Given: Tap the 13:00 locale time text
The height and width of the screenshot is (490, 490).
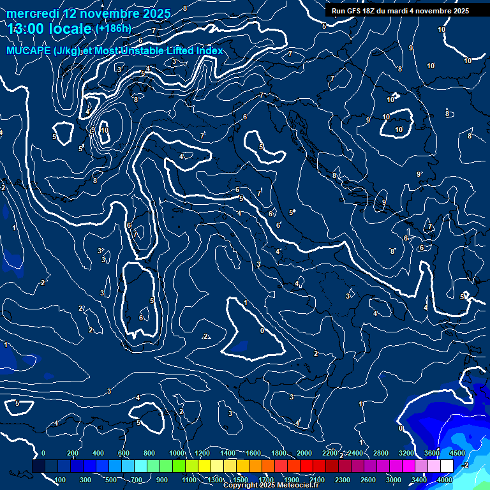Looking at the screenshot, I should (50, 29).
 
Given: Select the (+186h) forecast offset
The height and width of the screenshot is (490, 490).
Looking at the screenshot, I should (114, 29).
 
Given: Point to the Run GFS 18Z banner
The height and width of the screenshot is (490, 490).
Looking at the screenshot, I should (400, 11).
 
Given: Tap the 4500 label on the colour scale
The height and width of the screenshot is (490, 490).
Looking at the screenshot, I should (457, 453).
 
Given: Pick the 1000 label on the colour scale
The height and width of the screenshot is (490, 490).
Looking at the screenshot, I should (176, 453).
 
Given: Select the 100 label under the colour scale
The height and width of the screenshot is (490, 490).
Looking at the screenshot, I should (60, 480).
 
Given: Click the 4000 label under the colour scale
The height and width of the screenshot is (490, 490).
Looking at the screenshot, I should (445, 480).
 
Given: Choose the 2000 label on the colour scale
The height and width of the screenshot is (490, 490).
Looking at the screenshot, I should (304, 453).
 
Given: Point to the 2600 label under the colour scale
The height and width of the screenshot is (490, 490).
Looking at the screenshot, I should (368, 480).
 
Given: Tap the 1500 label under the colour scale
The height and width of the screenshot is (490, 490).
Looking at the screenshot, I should (240, 480).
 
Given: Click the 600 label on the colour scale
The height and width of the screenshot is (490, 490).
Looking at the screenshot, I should (124, 453).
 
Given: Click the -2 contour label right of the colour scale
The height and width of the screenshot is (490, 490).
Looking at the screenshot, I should (465, 465).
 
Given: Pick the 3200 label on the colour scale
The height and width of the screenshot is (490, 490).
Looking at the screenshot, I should (406, 453).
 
